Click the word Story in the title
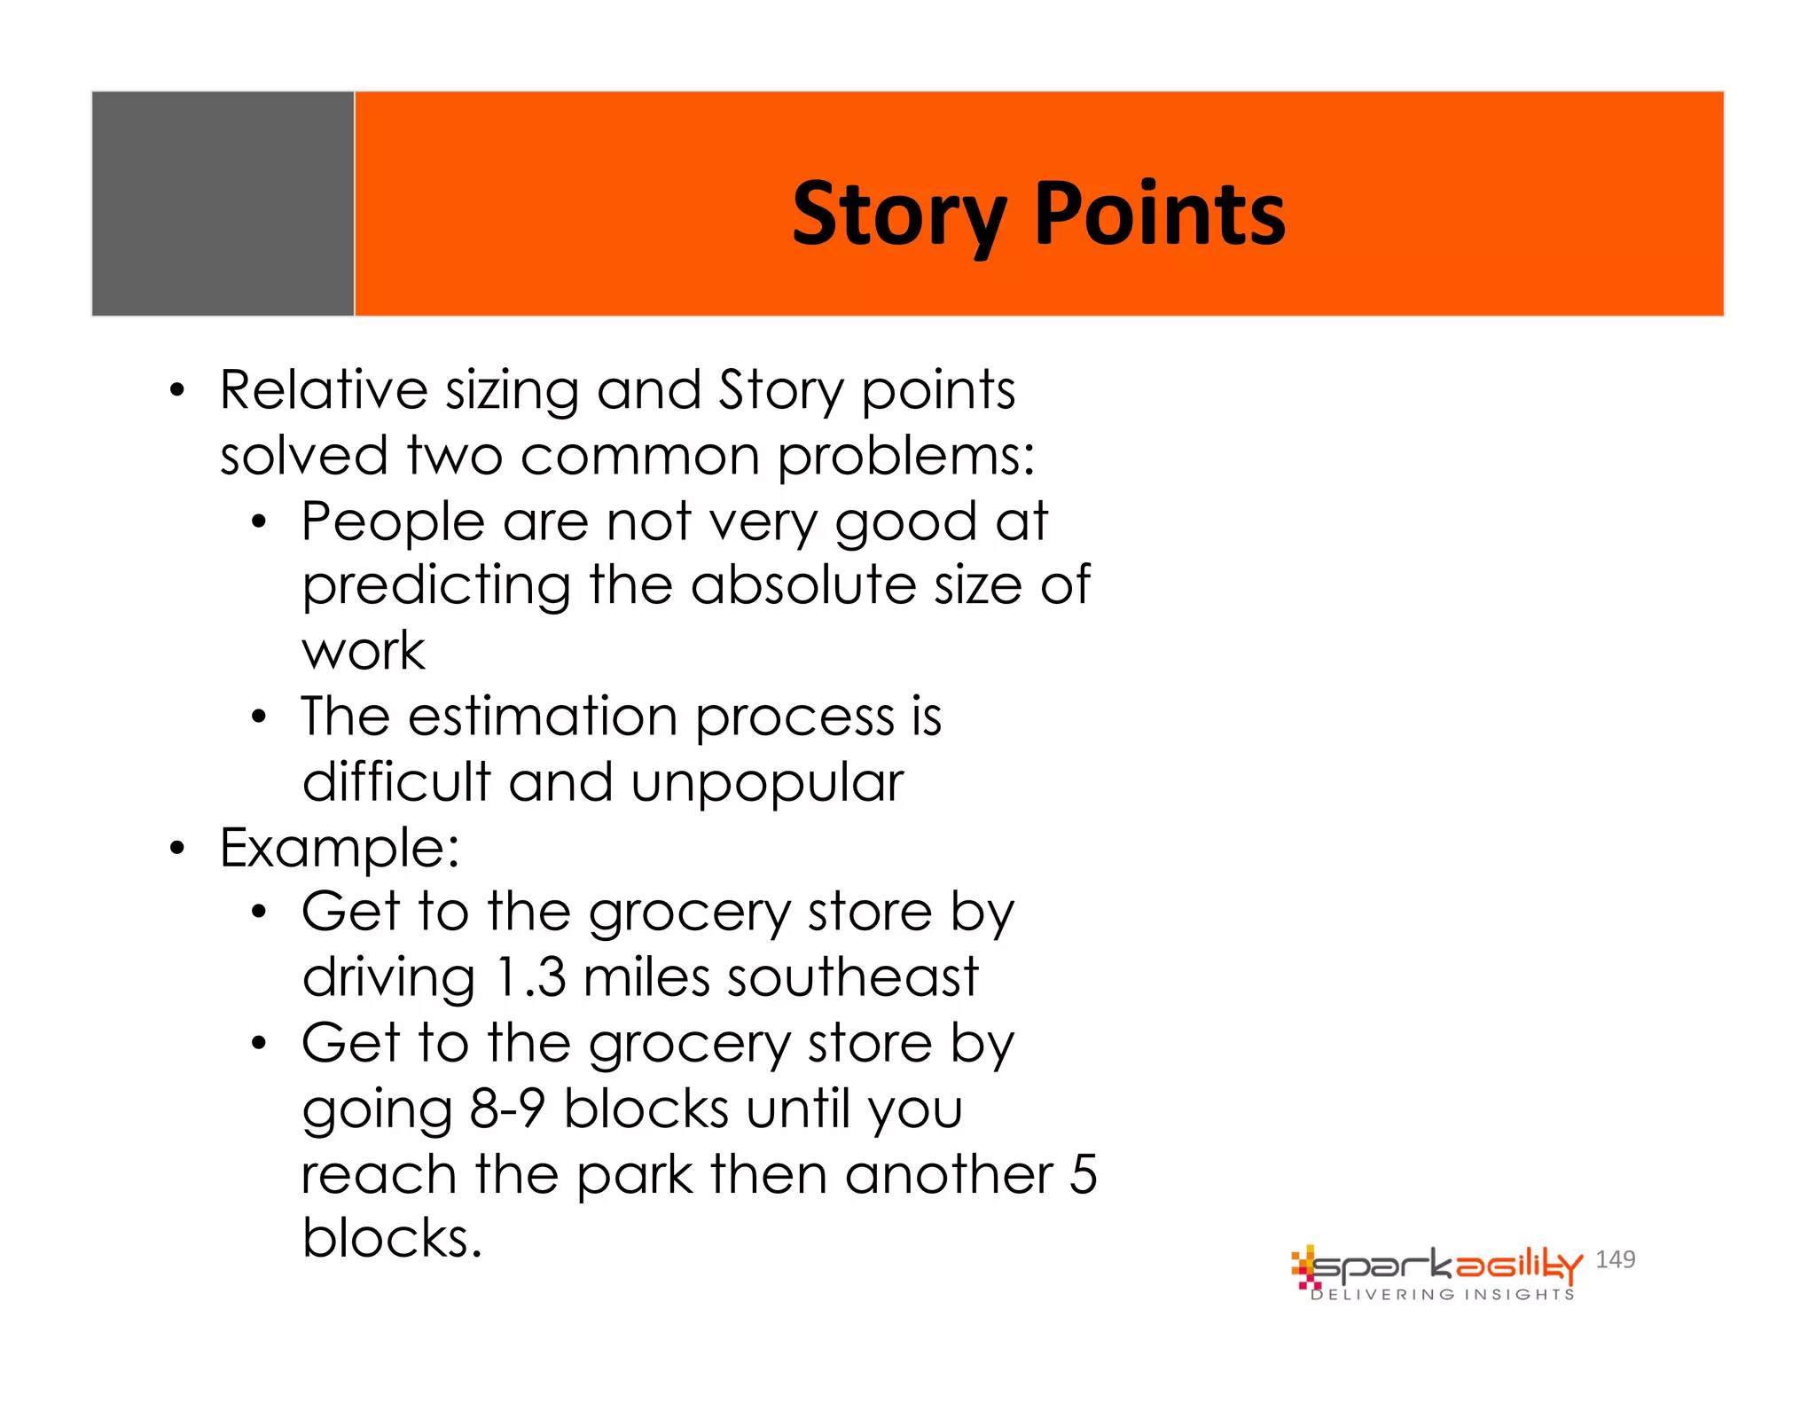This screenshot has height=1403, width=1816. point(898,215)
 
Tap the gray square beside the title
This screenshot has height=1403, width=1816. point(223,203)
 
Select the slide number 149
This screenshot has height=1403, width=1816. point(1615,1259)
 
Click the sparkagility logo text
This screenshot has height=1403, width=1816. point(1445,1266)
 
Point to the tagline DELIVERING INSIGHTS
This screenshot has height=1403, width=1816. point(1443,1295)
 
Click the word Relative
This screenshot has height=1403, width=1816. point(324,390)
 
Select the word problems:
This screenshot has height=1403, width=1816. point(905,456)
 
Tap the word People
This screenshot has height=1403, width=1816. point(392,521)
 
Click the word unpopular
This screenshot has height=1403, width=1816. point(767,783)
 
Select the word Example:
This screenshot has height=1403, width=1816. point(340,848)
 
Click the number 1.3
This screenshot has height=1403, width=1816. point(530,977)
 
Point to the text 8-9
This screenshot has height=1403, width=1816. point(506,1109)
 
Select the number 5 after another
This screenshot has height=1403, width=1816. point(1083,1174)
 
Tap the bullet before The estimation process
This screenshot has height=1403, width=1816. point(258,717)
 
